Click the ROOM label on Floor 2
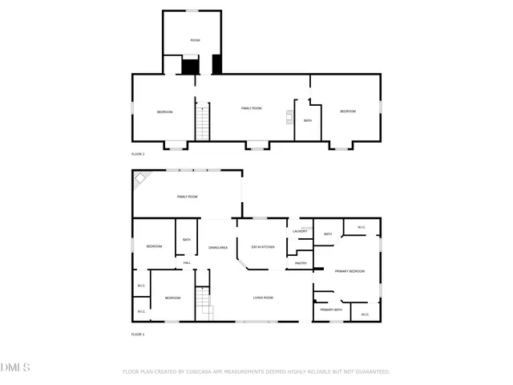195,40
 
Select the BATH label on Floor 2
308,121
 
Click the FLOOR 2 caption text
138,154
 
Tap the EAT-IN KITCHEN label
263,247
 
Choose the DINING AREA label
219,248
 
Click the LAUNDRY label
301,232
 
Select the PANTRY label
301,263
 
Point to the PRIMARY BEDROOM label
349,272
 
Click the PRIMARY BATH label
331,310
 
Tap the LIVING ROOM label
264,298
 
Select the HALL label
187,263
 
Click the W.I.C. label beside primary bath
365,314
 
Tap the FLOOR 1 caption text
138,334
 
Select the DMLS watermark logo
15,367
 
